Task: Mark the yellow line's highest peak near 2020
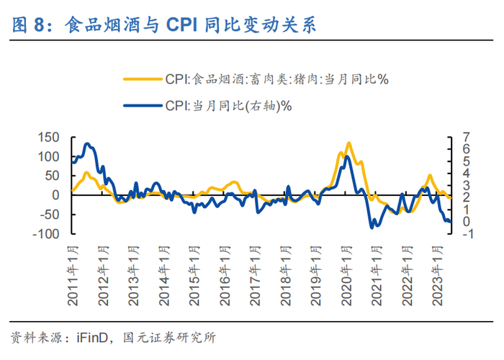[348, 143]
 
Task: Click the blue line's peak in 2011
[88, 144]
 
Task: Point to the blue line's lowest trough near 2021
[372, 227]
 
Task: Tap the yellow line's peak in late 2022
[429, 175]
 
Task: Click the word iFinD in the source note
[86, 336]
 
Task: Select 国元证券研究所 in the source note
[170, 336]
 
